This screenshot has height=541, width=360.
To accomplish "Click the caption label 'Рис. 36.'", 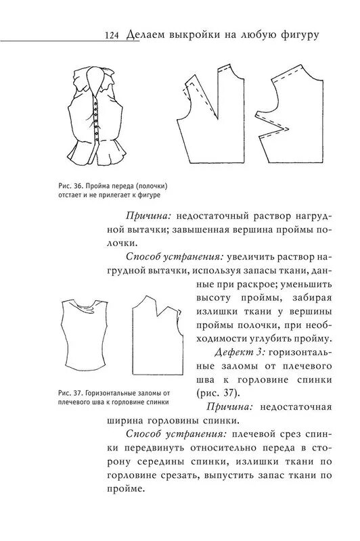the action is [x=71, y=187].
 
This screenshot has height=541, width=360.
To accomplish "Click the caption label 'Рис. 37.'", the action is [x=71, y=393].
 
